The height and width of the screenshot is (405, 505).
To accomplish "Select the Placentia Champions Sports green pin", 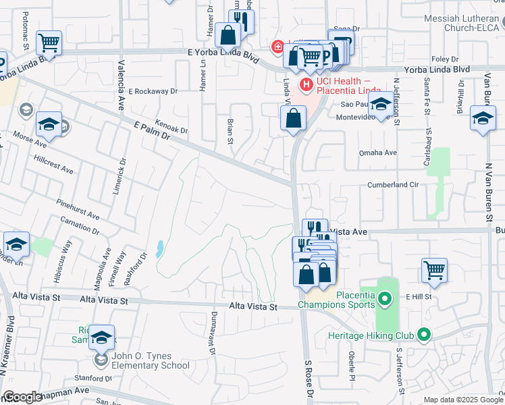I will pos(385,298).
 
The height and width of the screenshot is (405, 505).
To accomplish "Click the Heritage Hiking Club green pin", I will pos(423,334).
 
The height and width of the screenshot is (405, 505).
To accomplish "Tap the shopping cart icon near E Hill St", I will pos(434,270).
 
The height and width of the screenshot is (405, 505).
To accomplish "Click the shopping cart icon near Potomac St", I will pos(49,43).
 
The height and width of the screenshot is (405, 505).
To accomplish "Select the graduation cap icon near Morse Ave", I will pos(49,124).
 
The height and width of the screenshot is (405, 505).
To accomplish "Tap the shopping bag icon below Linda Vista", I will pos(294,120).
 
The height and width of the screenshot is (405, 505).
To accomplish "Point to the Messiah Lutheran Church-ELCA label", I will pos(464,23).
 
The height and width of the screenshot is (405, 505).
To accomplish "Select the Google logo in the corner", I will pos(22,397).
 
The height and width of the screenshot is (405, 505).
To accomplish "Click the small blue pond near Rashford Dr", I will pos(159,249).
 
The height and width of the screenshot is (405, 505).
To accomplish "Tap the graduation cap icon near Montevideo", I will pos(381,105).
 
